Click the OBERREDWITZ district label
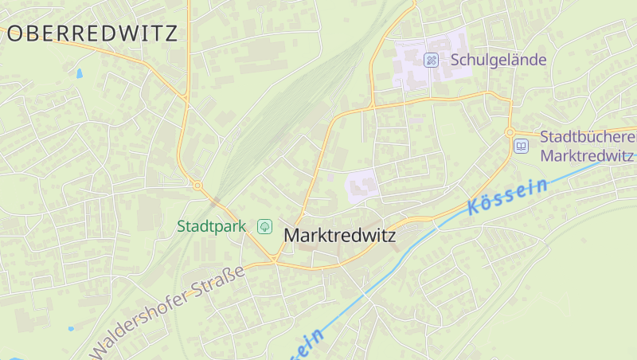point(92,33)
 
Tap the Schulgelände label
point(498,60)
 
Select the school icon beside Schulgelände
point(431,60)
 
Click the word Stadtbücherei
point(588,137)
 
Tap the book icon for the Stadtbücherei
point(521,146)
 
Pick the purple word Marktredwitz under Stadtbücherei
point(587,155)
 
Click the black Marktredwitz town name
point(340,236)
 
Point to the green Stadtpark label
point(211,226)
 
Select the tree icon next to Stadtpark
point(264,227)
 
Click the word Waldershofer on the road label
point(140,323)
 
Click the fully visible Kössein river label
point(508,197)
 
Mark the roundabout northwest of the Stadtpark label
point(197,186)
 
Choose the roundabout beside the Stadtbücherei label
point(510,132)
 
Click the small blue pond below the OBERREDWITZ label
point(79,73)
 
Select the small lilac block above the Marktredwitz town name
point(362,186)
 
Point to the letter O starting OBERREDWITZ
point(16,33)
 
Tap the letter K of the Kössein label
point(475,209)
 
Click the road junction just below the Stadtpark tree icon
point(274,259)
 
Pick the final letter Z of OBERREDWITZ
point(170,33)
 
